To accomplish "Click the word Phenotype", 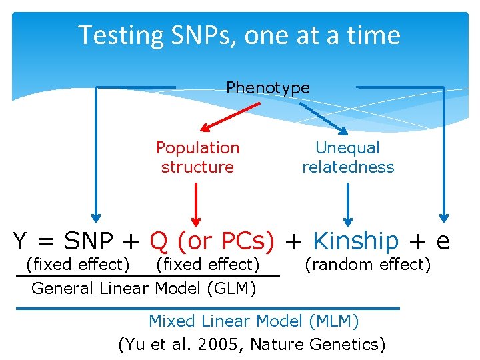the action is point(268,87).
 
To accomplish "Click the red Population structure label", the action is point(197,157).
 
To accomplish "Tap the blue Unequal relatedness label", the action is point(348,157).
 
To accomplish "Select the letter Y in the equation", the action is point(21,241).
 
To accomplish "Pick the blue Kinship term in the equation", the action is point(355,241).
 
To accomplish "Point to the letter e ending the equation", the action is point(442,241).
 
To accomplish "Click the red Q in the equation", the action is point(159,241).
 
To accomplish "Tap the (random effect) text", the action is point(368,265).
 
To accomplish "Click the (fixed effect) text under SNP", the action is point(77,265).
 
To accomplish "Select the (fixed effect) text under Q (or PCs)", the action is point(207,265).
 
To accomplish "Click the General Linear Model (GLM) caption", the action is point(144,289).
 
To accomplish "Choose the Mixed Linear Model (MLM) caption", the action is point(253,321).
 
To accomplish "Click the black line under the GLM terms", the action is point(147,275).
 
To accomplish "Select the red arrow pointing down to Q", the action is point(196,203).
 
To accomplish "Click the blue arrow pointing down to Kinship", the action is point(347,203).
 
